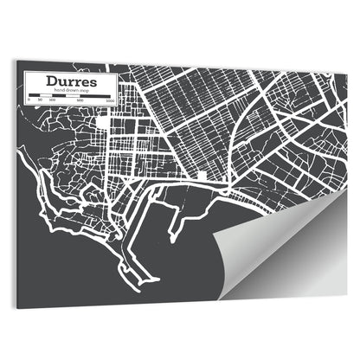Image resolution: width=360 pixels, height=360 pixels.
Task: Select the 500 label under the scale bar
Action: click(80, 101)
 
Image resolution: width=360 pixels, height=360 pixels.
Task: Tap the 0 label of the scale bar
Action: click(29, 101)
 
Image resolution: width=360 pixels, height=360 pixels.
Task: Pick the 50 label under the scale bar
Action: click(40, 101)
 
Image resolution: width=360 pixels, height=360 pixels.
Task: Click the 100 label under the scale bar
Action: click(52, 101)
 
